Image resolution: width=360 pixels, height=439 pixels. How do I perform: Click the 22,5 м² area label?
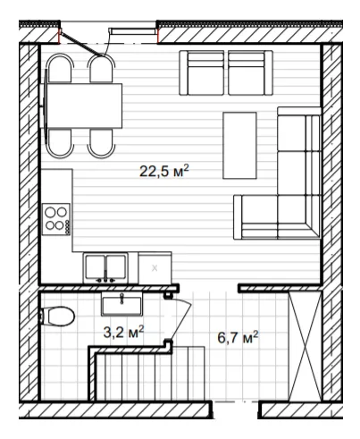tap(164, 171)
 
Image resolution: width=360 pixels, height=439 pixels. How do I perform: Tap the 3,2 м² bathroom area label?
tap(123, 332)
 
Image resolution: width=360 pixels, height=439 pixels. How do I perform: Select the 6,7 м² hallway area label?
tap(238, 337)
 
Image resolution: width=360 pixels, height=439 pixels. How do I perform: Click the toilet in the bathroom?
tap(57, 317)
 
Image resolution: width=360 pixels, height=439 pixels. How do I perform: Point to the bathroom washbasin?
tap(121, 304)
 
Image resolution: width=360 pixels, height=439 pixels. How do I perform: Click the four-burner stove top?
tap(56, 219)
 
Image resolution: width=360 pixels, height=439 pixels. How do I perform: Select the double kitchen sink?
tap(105, 267)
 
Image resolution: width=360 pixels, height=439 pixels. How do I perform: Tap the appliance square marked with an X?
tap(155, 268)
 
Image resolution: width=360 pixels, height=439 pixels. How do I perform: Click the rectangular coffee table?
tap(239, 146)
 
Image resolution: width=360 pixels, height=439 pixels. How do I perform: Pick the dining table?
tap(84, 106)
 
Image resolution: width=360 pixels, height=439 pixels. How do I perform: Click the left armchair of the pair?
tap(202, 73)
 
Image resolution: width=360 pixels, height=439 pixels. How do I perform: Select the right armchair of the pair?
tap(250, 73)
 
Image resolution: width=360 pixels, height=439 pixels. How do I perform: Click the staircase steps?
tap(150, 373)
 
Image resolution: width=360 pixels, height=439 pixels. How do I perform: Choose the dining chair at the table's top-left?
tap(60, 68)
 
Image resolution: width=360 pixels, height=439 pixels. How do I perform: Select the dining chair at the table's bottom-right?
tap(101, 144)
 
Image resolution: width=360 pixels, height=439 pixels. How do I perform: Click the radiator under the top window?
tap(133, 31)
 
